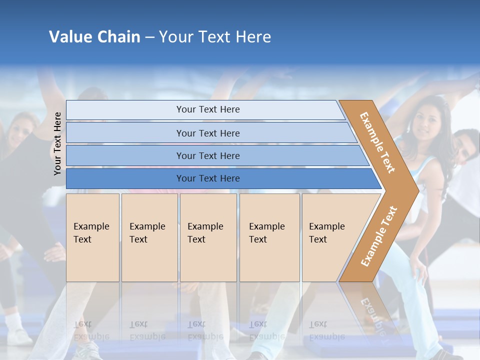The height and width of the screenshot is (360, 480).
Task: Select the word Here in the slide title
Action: coord(253,36)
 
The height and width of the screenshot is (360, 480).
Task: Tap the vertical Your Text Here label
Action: coord(57,143)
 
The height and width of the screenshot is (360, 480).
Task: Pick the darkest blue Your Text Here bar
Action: coord(208,178)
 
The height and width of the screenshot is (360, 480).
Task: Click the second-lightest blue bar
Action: coord(208,133)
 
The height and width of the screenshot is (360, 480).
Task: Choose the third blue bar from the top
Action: coord(208,156)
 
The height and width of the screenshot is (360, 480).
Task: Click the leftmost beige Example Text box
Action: coord(92,237)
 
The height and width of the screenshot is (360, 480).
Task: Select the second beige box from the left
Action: coord(149,237)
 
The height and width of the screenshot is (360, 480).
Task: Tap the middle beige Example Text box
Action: coord(208,237)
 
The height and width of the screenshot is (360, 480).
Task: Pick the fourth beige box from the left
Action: coord(269,237)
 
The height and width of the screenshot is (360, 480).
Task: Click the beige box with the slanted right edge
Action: coord(332,237)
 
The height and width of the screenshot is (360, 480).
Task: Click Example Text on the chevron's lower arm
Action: coord(379,236)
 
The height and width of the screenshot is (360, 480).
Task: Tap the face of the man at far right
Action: coord(466,148)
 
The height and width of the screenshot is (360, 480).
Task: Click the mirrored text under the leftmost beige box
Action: coord(91,331)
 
